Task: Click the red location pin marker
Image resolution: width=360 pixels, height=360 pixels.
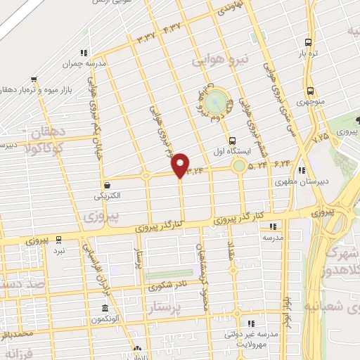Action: coord(181,165)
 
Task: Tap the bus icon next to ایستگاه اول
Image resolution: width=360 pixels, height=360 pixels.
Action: coord(233,139)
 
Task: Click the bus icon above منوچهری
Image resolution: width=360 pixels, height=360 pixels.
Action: coord(310,91)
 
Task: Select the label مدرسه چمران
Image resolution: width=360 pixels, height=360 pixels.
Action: coord(105,63)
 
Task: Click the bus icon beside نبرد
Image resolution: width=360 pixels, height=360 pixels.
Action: coord(59,239)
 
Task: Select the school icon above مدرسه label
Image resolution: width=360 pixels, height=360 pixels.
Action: coord(273,226)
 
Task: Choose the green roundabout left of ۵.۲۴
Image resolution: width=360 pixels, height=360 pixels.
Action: coord(240,167)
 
